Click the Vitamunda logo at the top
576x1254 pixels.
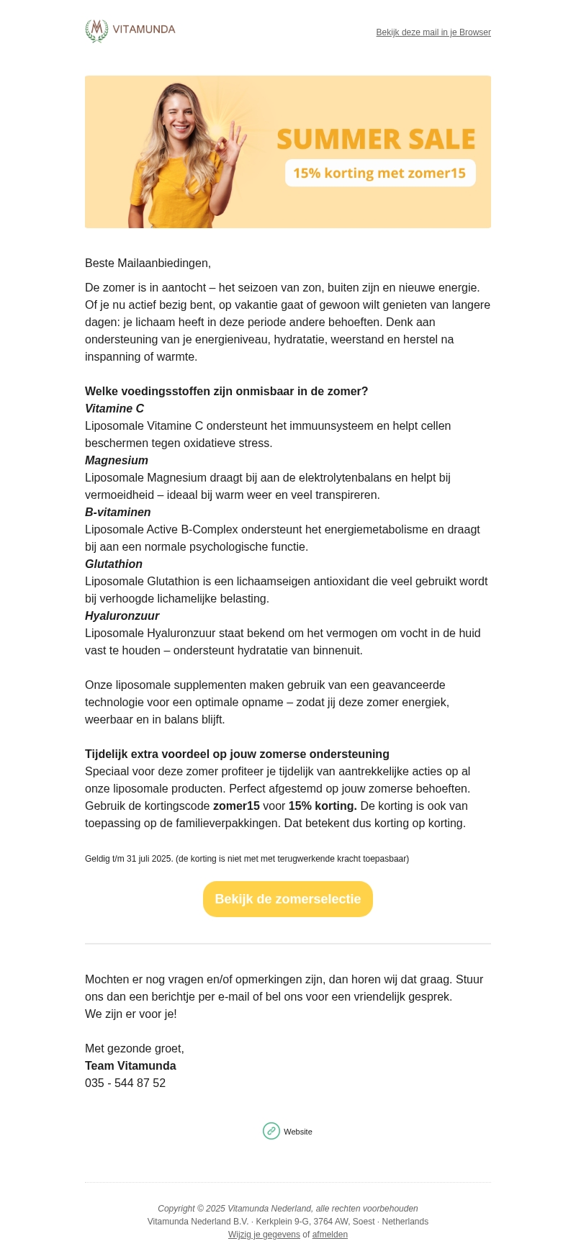[x=130, y=30]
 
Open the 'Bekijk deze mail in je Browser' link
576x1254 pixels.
[x=433, y=32]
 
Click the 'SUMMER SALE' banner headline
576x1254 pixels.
[x=376, y=139]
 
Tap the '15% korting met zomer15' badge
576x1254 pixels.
[x=379, y=173]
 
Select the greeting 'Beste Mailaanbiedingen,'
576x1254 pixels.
[x=148, y=263]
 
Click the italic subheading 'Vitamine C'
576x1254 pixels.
[x=114, y=409]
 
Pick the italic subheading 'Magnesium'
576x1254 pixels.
[x=117, y=461]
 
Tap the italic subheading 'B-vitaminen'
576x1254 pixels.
[x=118, y=513]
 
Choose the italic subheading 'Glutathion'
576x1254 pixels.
[x=114, y=564]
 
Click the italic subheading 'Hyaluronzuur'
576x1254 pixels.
[x=122, y=616]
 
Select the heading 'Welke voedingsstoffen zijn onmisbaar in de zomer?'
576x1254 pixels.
[x=226, y=392]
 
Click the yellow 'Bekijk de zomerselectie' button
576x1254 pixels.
[x=288, y=899]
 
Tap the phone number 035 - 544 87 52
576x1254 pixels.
[x=125, y=1083]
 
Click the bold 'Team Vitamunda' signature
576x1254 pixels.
[x=130, y=1066]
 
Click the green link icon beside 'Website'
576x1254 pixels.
[x=271, y=1131]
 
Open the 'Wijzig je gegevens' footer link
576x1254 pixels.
[x=264, y=1235]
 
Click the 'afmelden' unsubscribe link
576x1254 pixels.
[x=330, y=1235]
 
